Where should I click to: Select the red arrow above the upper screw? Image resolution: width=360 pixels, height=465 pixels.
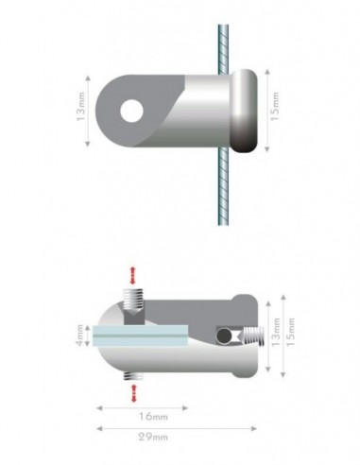point(133,274)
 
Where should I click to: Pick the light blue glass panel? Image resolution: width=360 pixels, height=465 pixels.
point(142,333)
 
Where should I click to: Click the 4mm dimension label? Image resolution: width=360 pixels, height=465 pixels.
point(83,335)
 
